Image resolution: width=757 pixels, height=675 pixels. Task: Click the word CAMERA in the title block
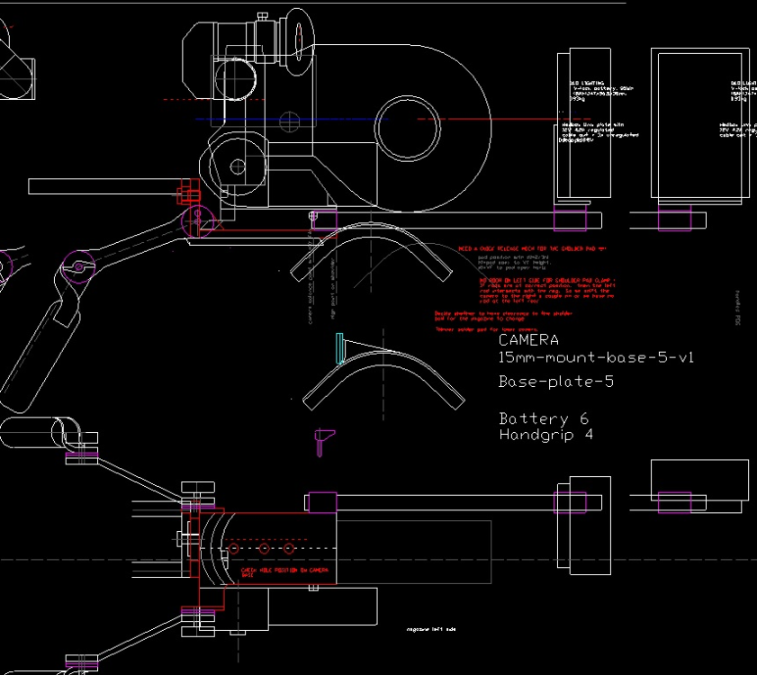[528, 340]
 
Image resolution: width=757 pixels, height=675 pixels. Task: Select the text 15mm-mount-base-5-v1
[596, 357]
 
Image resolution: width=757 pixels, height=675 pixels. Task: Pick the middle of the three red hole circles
[264, 548]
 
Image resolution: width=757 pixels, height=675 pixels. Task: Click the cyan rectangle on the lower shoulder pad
[339, 348]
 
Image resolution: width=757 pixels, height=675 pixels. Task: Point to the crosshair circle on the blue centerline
[289, 120]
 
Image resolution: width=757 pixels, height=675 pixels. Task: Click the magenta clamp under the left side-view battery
[568, 220]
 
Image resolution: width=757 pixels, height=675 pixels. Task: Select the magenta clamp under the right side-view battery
[673, 220]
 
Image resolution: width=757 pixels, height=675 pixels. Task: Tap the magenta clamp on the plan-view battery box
[673, 501]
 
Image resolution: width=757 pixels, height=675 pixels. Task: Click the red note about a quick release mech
[533, 248]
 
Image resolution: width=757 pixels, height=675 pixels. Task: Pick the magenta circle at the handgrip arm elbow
[78, 265]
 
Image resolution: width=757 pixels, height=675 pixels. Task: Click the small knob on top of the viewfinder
[262, 16]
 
